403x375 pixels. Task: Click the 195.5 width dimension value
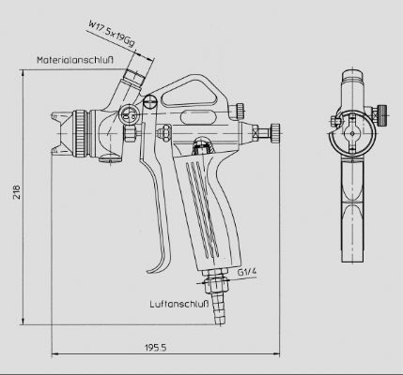pyautogui.click(x=156, y=347)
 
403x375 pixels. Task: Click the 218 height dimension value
pyautogui.click(x=17, y=192)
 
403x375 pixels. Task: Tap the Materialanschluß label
pyautogui.click(x=74, y=60)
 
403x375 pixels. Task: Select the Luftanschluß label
pyautogui.click(x=178, y=304)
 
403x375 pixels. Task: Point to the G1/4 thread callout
pyautogui.click(x=247, y=271)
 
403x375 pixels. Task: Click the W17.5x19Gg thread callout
pyautogui.click(x=112, y=34)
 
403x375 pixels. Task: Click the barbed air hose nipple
pyautogui.click(x=218, y=309)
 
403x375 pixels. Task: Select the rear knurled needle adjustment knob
pyautogui.click(x=275, y=132)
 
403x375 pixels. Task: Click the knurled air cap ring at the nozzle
pyautogui.click(x=80, y=133)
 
